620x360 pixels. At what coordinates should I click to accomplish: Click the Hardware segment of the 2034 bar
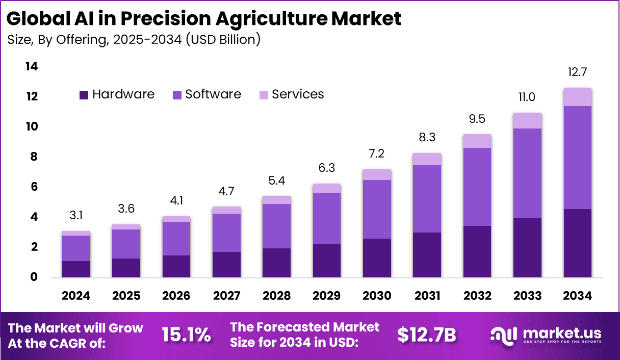click(577, 243)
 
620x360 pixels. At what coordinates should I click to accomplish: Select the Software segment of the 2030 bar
click(377, 209)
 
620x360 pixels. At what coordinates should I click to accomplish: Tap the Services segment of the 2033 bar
click(527, 121)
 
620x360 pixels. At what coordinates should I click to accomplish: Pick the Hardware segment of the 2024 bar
click(76, 269)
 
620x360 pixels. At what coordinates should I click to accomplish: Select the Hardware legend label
click(123, 94)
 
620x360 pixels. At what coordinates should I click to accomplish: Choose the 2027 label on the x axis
click(226, 296)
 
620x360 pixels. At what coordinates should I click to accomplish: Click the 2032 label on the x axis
click(477, 296)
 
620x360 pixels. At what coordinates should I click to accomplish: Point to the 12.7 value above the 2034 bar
click(577, 71)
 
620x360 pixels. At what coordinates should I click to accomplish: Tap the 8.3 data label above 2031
click(427, 137)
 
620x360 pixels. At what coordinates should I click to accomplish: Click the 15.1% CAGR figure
click(186, 335)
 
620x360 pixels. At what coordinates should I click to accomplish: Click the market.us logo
click(546, 335)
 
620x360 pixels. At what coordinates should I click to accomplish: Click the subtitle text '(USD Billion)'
click(223, 39)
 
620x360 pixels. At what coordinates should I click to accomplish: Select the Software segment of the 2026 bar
click(176, 238)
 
